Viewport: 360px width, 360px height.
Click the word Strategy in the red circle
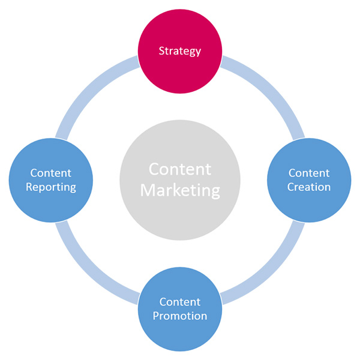click(179, 51)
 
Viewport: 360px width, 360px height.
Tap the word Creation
click(309, 187)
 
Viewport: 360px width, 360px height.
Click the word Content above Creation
click(309, 173)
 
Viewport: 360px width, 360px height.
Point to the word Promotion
click(179, 316)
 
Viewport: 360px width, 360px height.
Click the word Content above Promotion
click(179, 302)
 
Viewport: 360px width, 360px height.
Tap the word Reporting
click(50, 187)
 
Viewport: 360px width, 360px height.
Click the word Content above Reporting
click(50, 173)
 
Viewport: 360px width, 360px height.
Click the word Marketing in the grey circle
click(180, 191)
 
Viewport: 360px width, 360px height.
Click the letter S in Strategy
click(161, 51)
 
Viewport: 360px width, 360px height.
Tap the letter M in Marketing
click(148, 191)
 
